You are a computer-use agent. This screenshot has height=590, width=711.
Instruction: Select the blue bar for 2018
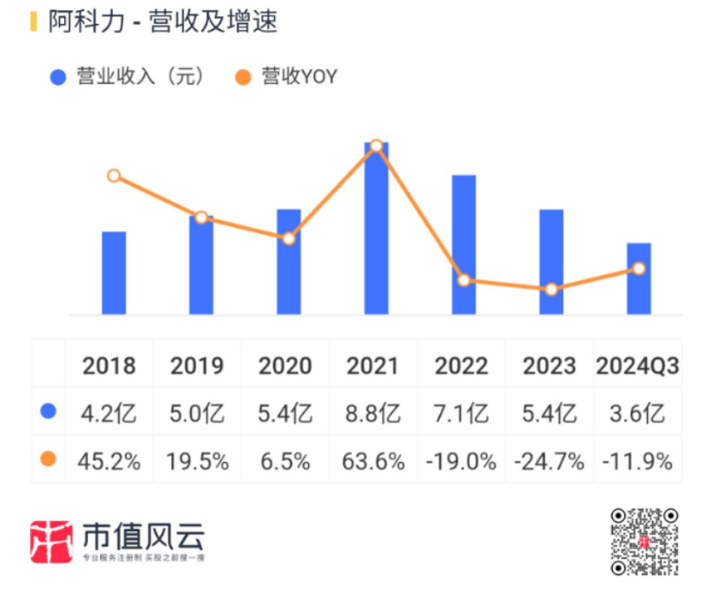[x=114, y=273]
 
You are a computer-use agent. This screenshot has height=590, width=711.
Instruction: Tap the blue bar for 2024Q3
[x=638, y=279]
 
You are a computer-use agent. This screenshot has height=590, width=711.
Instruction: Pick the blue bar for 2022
[x=463, y=245]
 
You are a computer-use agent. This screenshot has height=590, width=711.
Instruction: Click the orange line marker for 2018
[x=114, y=176]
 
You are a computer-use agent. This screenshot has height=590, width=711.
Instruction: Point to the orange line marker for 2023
[x=551, y=289]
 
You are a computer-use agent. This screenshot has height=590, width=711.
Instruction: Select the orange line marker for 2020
[x=288, y=238]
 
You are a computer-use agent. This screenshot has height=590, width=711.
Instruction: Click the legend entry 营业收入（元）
[x=128, y=77]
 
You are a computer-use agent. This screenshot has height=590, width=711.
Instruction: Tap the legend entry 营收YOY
[x=287, y=77]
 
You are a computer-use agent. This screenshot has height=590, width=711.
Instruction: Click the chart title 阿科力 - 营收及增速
[x=162, y=22]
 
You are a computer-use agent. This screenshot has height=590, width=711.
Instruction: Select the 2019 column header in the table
[x=197, y=365]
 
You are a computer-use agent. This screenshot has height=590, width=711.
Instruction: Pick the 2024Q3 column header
[x=638, y=365]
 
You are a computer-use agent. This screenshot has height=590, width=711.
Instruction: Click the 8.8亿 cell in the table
[x=373, y=414]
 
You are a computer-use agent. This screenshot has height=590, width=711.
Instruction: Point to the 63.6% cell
[x=373, y=462]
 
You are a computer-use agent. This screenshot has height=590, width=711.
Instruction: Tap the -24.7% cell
[x=550, y=462]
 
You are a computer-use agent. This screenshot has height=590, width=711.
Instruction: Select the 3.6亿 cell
[x=638, y=414]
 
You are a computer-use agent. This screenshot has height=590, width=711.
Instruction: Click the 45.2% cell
[x=109, y=462]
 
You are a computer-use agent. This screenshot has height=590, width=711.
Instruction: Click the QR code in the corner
[x=644, y=541]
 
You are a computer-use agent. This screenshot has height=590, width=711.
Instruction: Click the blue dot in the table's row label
[x=48, y=412]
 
